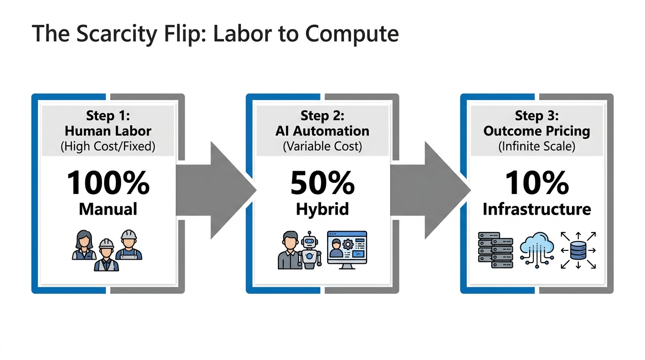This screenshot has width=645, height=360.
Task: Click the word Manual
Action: click(x=108, y=209)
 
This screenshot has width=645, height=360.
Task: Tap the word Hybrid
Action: click(x=322, y=209)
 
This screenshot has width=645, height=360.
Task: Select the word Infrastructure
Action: click(x=537, y=209)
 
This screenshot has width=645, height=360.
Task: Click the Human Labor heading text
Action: click(x=108, y=131)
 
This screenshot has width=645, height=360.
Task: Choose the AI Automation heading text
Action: click(x=322, y=131)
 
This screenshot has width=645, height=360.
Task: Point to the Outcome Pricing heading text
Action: click(x=537, y=131)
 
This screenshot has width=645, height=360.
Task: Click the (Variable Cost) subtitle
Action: click(x=322, y=146)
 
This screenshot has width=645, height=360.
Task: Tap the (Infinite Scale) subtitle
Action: click(x=537, y=146)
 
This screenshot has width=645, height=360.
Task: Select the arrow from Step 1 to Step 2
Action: click(x=216, y=190)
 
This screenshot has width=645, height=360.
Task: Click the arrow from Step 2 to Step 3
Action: click(x=430, y=190)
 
